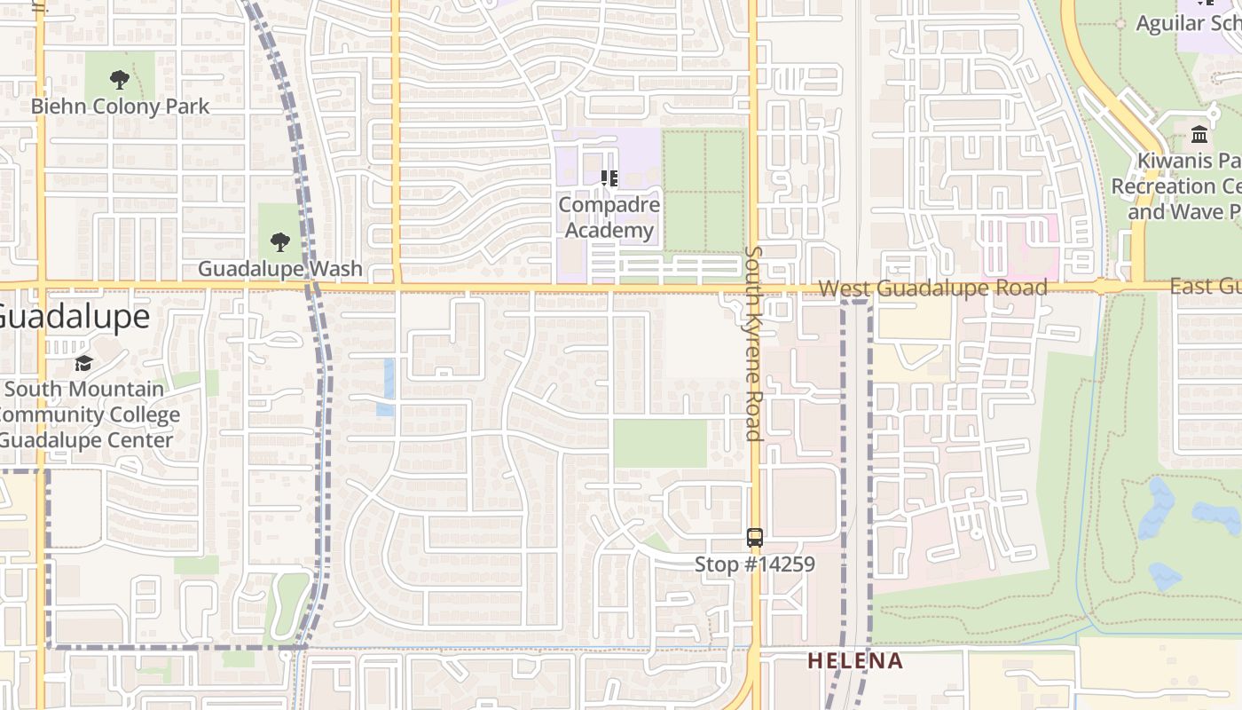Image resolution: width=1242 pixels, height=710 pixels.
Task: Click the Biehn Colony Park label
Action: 120,106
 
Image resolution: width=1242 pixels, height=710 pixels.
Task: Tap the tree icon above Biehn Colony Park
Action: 120,80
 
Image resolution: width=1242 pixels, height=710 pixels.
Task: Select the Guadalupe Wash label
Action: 279,268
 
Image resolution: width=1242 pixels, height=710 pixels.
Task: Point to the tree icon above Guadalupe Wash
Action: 280,241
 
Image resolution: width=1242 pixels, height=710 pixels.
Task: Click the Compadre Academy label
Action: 609,217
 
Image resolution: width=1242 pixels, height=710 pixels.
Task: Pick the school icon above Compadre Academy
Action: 609,178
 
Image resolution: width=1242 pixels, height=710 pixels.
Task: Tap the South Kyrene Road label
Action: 754,343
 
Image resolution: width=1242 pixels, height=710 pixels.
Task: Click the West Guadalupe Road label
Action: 932,288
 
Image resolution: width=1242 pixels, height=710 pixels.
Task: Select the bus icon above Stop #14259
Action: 754,537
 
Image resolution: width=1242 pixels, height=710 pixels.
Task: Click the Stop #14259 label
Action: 754,564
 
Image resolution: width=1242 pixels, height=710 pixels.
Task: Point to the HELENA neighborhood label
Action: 855,661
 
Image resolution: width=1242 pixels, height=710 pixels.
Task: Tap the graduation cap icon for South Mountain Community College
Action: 84,363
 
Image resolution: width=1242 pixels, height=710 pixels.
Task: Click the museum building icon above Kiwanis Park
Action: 1199,135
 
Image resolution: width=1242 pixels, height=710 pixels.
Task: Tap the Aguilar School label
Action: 1189,23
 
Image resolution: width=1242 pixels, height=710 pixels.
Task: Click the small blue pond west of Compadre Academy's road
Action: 388,387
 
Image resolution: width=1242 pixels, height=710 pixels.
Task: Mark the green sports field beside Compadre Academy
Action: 704,191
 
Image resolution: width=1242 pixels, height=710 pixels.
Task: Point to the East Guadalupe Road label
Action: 1207,286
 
